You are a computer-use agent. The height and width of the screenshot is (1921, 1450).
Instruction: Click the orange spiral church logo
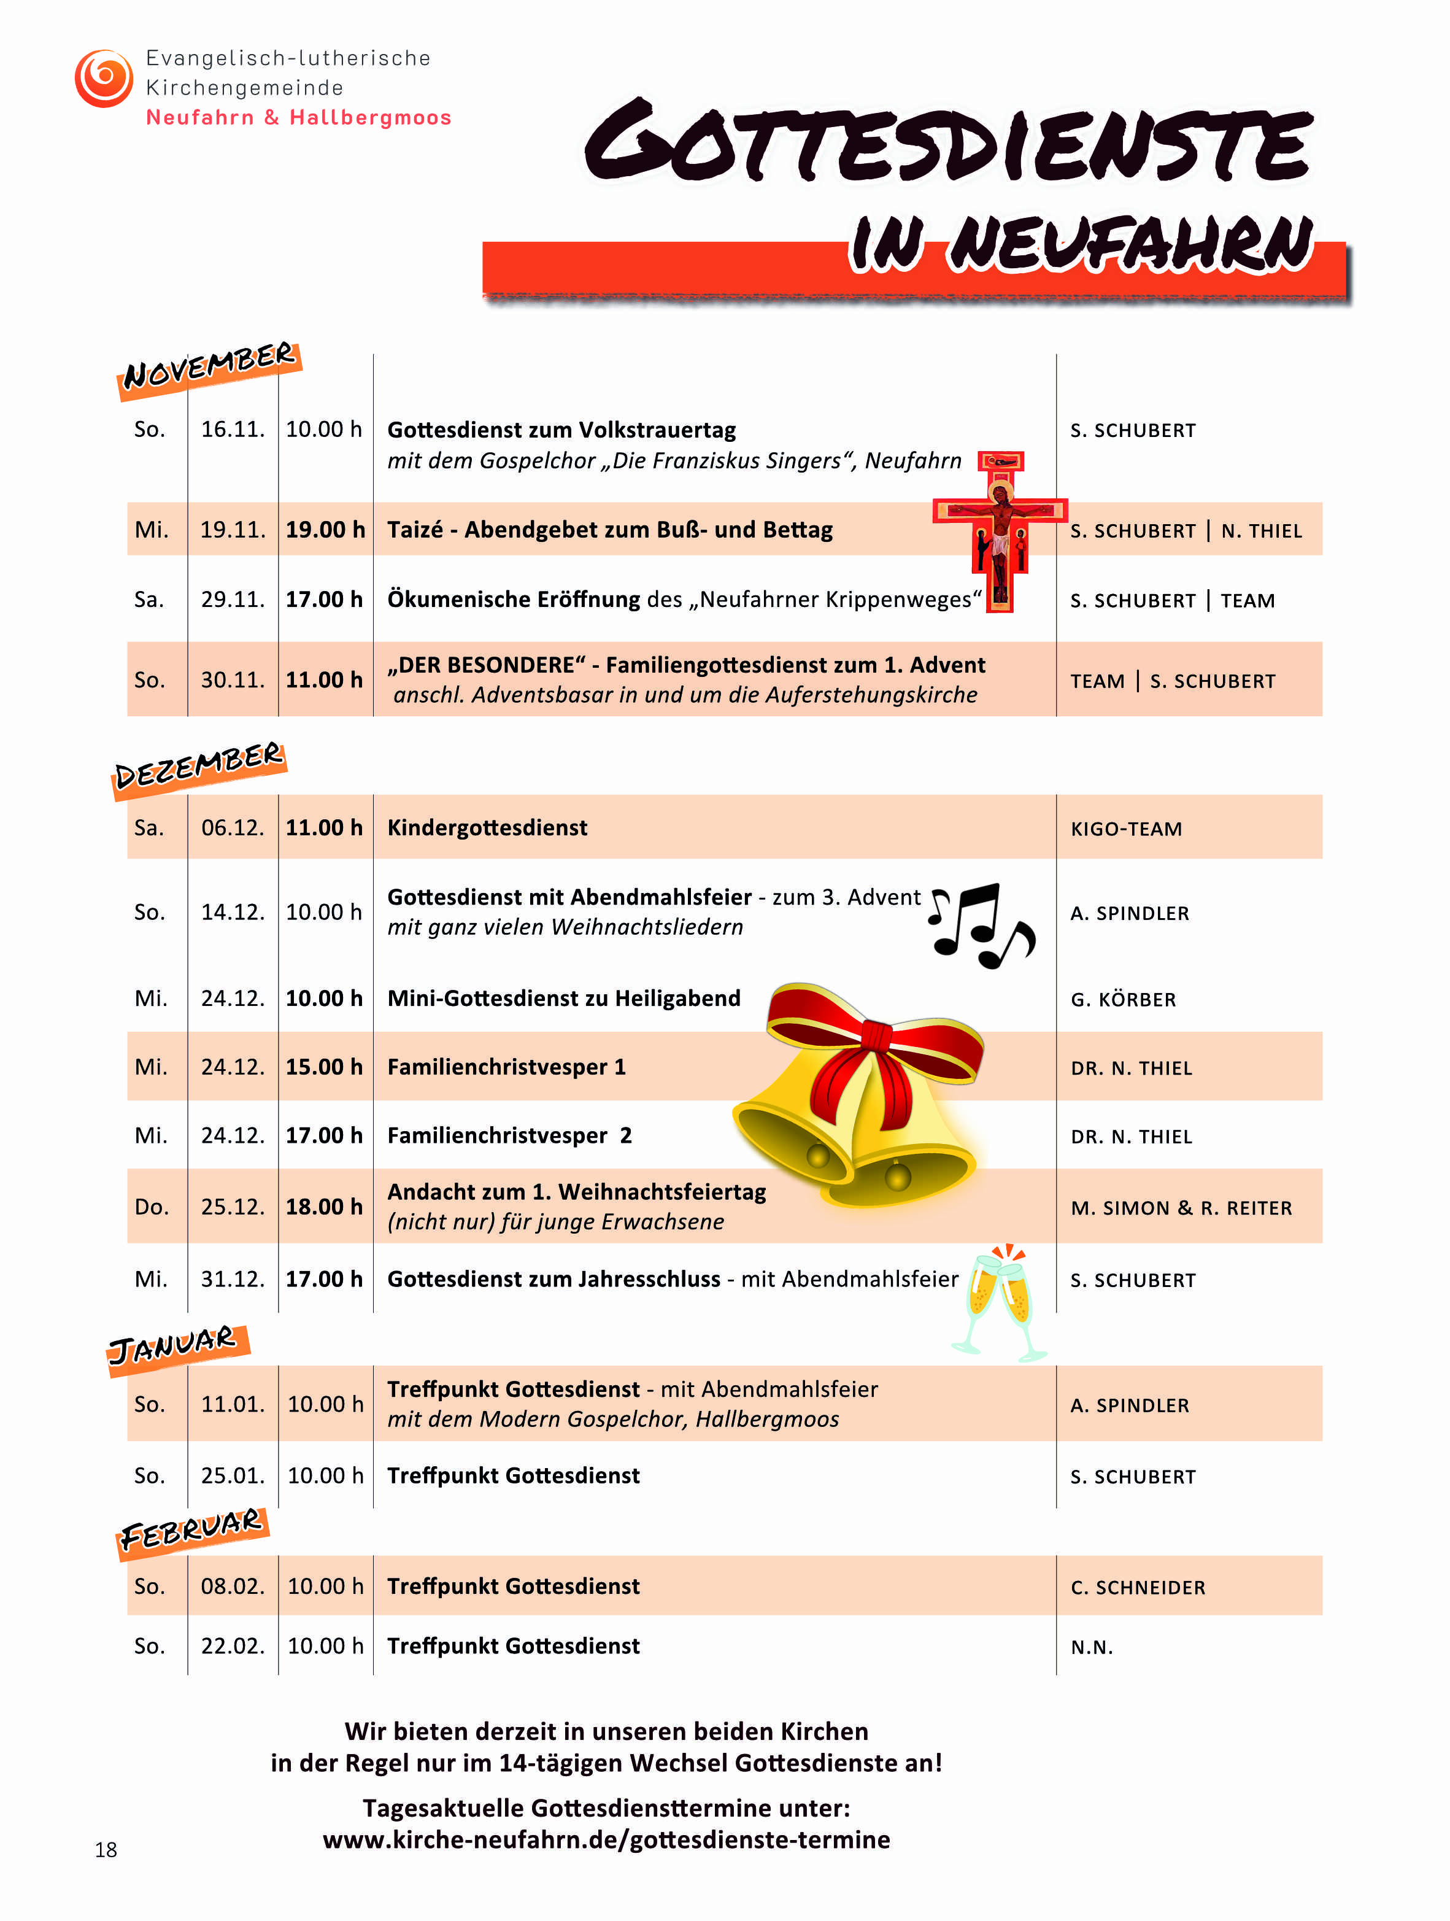(103, 78)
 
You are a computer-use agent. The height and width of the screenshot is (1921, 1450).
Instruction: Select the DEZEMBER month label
(199, 767)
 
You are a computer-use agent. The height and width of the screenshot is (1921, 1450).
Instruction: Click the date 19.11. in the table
(233, 530)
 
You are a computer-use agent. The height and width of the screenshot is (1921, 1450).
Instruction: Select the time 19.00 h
(325, 530)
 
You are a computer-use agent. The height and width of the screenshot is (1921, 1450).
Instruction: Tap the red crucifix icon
(1000, 530)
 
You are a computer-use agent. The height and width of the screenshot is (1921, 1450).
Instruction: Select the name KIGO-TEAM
(1126, 829)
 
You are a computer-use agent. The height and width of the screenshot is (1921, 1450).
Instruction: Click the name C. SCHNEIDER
(1138, 1588)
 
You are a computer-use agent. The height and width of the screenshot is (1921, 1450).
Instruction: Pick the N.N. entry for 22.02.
(1092, 1647)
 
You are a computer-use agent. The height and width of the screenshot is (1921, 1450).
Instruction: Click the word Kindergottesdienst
(487, 828)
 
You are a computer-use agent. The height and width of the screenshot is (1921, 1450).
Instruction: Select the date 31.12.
(233, 1279)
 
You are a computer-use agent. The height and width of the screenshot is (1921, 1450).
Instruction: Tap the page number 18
(106, 1850)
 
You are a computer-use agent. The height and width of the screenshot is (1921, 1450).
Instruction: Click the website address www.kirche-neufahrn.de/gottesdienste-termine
(606, 1840)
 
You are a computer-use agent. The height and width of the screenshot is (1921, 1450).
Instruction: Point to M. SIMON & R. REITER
(1181, 1208)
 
